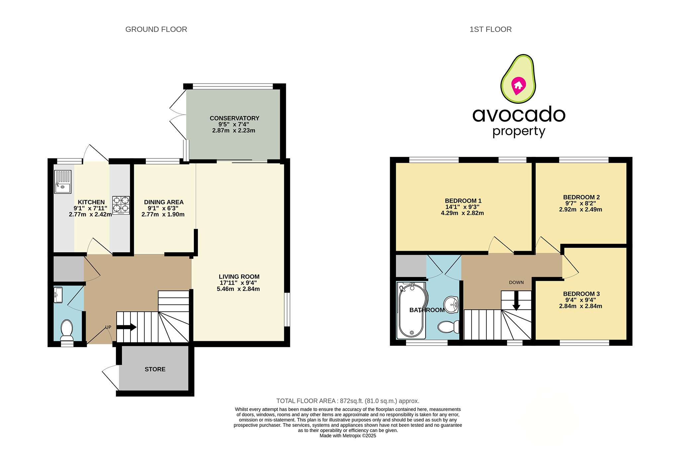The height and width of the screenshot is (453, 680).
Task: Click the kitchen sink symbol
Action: click(x=63, y=182)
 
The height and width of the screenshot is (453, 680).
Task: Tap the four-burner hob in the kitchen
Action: click(x=121, y=205)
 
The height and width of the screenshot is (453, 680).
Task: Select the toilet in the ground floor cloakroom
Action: click(x=67, y=330)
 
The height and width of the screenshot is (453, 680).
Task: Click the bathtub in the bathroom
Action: click(x=411, y=310)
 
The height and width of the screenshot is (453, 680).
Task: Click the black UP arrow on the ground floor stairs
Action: click(x=127, y=327)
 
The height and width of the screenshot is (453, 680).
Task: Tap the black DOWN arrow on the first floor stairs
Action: click(x=516, y=301)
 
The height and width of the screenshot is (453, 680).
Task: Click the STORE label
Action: click(x=155, y=369)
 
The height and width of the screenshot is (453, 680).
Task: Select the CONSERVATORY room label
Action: click(x=234, y=118)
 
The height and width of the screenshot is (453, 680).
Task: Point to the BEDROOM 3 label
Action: click(x=581, y=294)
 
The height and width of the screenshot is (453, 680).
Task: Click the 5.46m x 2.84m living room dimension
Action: click(x=238, y=289)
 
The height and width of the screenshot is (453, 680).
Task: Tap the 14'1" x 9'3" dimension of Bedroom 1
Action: click(x=462, y=207)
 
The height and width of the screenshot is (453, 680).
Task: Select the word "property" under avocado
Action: click(x=519, y=131)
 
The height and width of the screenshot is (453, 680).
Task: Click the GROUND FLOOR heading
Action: click(x=156, y=30)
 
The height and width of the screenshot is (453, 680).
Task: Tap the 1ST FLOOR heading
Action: click(x=490, y=30)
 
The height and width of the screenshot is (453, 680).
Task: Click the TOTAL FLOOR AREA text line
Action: click(x=348, y=401)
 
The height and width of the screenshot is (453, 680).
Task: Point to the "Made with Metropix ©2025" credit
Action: click(x=348, y=436)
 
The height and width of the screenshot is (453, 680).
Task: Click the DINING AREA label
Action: click(x=163, y=202)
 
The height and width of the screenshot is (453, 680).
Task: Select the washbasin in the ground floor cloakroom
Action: click(x=58, y=295)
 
